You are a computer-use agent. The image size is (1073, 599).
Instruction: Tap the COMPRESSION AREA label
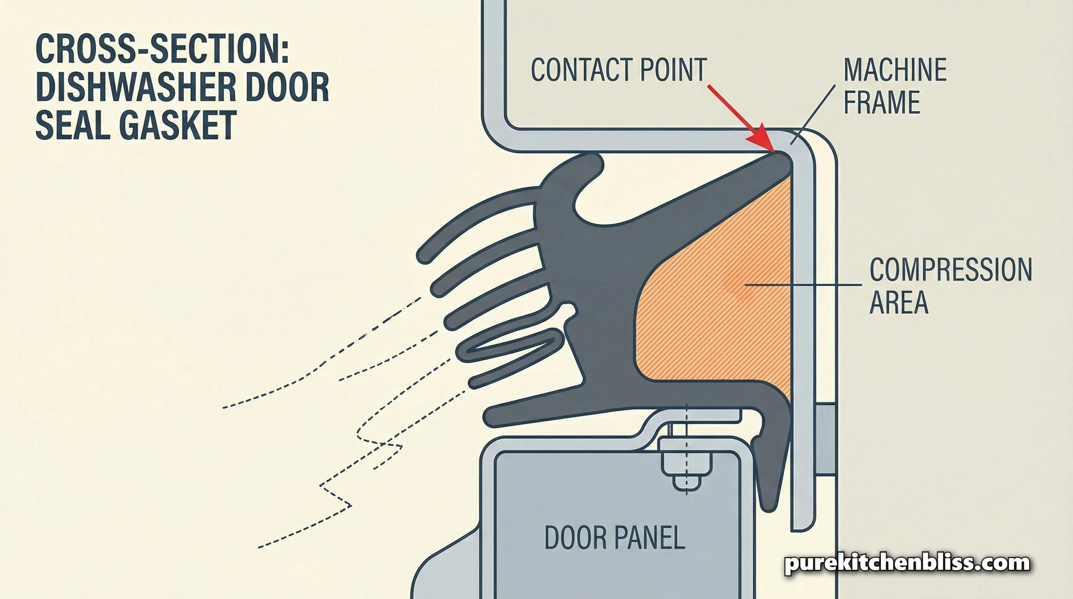pyautogui.click(x=949, y=286)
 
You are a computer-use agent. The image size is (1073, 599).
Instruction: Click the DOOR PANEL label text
pyautogui.click(x=614, y=538)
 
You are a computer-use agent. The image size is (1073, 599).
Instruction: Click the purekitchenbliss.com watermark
pyautogui.click(x=907, y=563)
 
